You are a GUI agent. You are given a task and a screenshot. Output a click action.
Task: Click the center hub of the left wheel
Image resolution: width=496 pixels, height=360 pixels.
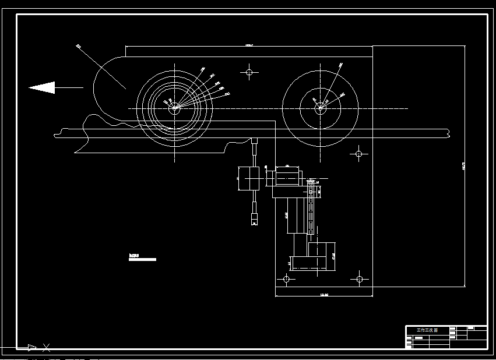point(174,107)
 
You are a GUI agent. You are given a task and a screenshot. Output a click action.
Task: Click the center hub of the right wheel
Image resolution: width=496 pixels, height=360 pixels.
point(320,107)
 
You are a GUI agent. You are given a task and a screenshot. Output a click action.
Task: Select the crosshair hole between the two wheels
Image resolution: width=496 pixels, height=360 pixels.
point(249,73)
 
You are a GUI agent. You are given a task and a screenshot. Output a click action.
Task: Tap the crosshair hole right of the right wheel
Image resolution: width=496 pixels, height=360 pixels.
point(358,154)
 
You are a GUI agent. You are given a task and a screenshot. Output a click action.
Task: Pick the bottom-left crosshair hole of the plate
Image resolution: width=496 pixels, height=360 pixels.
point(286,280)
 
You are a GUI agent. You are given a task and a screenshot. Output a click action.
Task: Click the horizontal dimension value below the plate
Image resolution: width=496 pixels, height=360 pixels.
point(325,295)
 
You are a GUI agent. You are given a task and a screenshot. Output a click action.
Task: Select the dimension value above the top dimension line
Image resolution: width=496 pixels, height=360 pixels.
point(249,44)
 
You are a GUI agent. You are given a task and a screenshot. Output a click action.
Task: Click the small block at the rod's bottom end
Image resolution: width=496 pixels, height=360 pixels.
point(254,218)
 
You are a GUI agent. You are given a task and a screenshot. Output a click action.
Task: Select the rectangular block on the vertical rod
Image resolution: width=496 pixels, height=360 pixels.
point(249,178)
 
